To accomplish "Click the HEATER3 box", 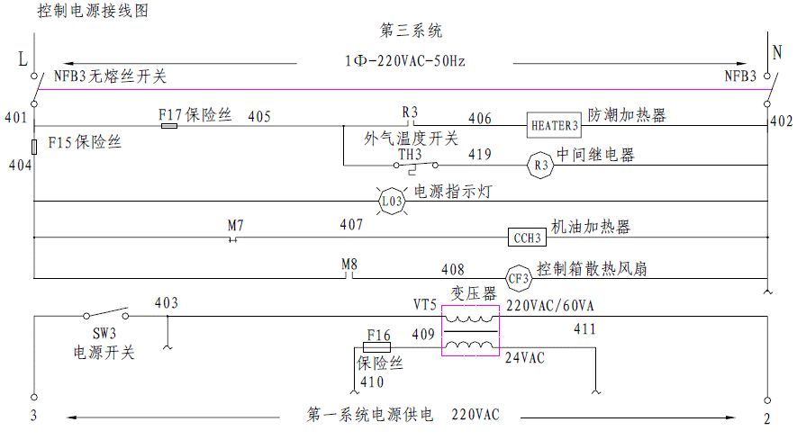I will click(554, 125).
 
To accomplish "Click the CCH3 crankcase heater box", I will click(527, 238).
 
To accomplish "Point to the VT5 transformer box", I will click(468, 331).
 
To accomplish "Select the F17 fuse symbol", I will click(168, 126).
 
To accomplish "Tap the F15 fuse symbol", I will click(34, 146).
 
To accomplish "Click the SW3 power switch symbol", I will click(106, 316).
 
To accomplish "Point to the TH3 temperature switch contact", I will click(417, 166).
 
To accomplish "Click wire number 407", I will click(351, 224).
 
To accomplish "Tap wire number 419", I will click(479, 155).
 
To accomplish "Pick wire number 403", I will click(167, 303).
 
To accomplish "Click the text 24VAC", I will click(524, 356).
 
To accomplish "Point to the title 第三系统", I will click(412, 31).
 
